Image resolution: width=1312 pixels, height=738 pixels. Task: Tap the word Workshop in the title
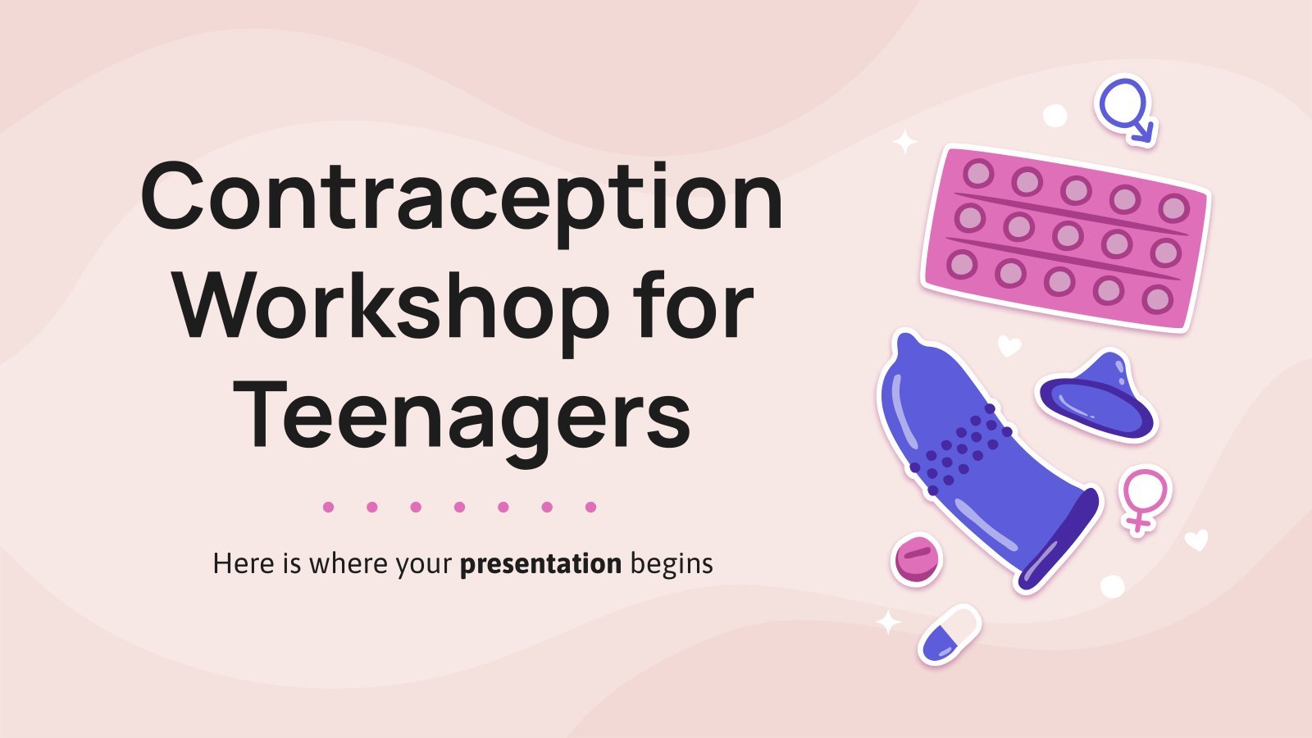392,308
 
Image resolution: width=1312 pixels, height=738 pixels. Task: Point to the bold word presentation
540,564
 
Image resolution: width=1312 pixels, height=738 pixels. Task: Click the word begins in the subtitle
672,564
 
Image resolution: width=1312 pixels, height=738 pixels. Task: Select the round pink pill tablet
917,558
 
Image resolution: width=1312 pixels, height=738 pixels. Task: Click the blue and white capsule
949,635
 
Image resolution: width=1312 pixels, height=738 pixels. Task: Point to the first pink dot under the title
328,507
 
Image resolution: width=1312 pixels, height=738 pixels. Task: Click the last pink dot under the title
590,507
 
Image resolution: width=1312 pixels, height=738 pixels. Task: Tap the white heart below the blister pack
1009,345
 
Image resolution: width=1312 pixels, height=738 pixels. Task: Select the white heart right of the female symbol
1196,540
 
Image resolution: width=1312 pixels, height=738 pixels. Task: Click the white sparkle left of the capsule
888,622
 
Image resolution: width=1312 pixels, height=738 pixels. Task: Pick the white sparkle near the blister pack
905,142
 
